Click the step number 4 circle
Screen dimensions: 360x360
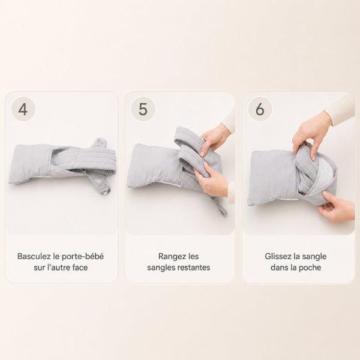23,109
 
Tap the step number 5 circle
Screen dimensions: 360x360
143,109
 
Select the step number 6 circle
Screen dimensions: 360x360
260,109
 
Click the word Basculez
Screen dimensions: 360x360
34,256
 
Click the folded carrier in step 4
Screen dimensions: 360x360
62,165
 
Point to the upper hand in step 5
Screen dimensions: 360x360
215,139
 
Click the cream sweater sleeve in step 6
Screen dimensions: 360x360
340,110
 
